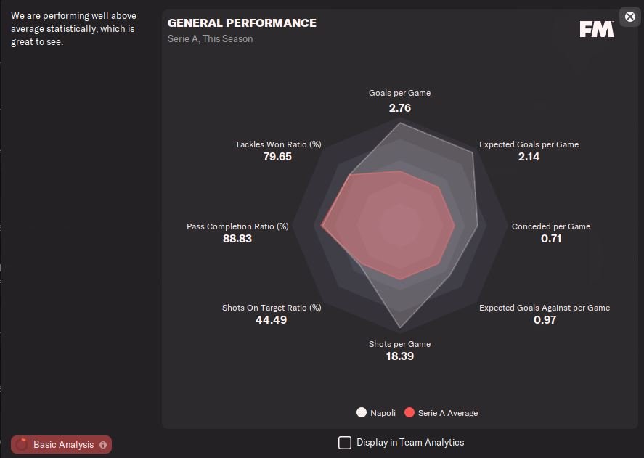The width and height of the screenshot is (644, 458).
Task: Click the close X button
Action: tap(629, 16)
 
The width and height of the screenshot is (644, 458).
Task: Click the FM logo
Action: tap(597, 29)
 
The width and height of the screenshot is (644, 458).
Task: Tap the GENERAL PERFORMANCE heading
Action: tap(242, 23)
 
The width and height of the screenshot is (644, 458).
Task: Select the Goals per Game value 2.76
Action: tap(400, 107)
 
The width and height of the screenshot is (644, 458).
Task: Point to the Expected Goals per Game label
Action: tap(529, 144)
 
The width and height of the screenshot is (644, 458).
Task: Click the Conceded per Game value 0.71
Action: tap(551, 238)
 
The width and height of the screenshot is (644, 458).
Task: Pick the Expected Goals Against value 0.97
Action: tap(545, 319)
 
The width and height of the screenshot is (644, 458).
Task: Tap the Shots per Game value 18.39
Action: tap(399, 356)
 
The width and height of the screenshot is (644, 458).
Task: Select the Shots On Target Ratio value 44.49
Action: tap(272, 319)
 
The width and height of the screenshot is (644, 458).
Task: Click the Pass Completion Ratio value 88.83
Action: tap(237, 238)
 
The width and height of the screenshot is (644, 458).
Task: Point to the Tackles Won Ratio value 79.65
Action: tap(277, 156)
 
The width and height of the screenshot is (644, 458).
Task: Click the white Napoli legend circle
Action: tap(362, 412)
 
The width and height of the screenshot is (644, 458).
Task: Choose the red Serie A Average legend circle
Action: tap(409, 412)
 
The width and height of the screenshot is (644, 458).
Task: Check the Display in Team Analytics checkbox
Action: tap(345, 442)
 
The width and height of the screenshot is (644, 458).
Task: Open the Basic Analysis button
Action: tap(62, 444)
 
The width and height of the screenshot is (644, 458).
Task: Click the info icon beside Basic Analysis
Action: tap(103, 444)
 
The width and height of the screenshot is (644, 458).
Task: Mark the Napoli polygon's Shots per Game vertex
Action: tap(399, 328)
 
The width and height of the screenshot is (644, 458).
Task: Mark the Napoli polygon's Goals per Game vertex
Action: tap(400, 123)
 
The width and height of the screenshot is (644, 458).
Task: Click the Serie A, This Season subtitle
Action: tap(210, 38)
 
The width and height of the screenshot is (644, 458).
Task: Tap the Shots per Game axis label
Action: tap(399, 344)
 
